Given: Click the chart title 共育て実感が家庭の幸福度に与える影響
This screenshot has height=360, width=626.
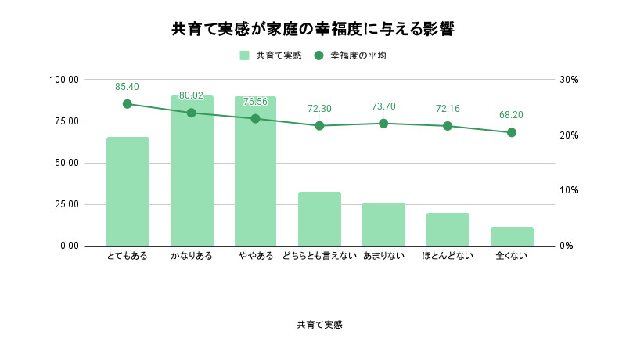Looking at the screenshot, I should pyautogui.click(x=313, y=30).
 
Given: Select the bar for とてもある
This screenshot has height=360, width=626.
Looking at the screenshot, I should pyautogui.click(x=128, y=192).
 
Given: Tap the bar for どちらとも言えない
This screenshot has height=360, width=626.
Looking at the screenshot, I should pyautogui.click(x=319, y=219).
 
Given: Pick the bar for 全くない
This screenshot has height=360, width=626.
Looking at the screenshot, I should pyautogui.click(x=512, y=236).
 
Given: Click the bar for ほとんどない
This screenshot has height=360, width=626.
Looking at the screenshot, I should pyautogui.click(x=448, y=229).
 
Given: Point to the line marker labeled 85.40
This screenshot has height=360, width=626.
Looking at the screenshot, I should pyautogui.click(x=128, y=104).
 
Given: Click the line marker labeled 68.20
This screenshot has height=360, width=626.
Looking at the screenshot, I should pyautogui.click(x=512, y=133).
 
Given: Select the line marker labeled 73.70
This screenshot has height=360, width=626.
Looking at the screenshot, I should pyautogui.click(x=383, y=124).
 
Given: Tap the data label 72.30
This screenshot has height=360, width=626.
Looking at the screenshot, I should pyautogui.click(x=319, y=109).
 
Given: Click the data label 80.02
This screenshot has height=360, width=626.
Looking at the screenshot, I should pyautogui.click(x=191, y=95).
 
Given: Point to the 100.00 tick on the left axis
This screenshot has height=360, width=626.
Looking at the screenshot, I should pyautogui.click(x=63, y=80).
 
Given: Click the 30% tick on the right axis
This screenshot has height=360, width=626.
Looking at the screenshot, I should pyautogui.click(x=568, y=80).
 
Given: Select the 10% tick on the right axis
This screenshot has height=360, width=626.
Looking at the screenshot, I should pyautogui.click(x=568, y=190).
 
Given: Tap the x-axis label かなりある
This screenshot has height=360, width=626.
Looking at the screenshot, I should pyautogui.click(x=191, y=256).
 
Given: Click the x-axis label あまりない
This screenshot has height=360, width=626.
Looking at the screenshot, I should pyautogui.click(x=383, y=256).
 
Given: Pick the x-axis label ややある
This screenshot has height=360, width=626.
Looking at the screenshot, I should pyautogui.click(x=255, y=256).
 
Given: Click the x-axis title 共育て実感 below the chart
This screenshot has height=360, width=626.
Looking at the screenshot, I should pyautogui.click(x=319, y=325).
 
